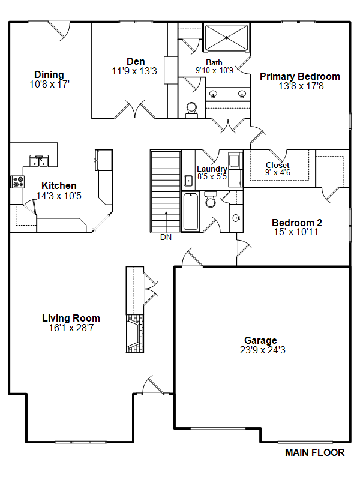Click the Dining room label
pos(49,74)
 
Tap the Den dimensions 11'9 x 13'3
pos(134,71)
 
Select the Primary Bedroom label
pos(300,76)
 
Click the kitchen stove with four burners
pos(18,182)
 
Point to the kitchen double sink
pos(39,161)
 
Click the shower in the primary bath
pos(226,38)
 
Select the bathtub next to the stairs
pos(190,211)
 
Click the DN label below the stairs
pos(166,237)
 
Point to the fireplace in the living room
pos(135,334)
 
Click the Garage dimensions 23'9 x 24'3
pos(263,350)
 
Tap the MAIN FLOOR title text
pos(314,452)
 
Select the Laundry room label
pos(212,169)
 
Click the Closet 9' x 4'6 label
pos(278,169)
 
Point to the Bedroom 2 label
pos(296,223)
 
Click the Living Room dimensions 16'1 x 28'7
pos(71,328)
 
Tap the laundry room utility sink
pos(188,181)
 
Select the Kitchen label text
pos(59,185)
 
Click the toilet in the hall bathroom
pos(211,199)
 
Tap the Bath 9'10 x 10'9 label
pos(214,67)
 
